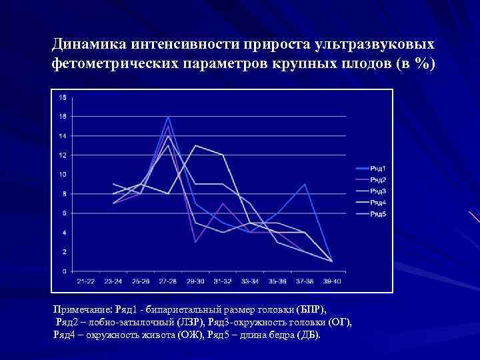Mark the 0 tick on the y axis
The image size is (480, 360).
coord(63,271)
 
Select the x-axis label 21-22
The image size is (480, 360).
coord(86,281)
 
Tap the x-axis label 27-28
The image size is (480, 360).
coord(168,281)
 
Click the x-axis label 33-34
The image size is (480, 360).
coord(249,281)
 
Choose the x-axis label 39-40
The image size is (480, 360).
coord(331,281)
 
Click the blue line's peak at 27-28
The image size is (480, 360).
coord(169,117)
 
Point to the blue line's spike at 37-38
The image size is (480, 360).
coord(305,185)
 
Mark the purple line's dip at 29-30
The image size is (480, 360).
coord(195,241)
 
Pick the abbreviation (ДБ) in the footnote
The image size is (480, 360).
coord(307,334)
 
